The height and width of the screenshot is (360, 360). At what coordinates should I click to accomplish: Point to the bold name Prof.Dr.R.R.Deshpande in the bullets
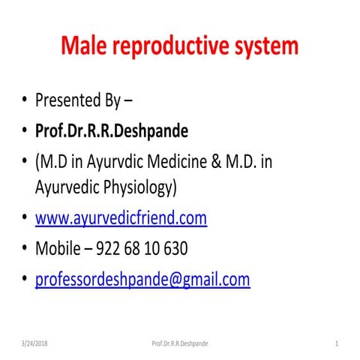(112, 131)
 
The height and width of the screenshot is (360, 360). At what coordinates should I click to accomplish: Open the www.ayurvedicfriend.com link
(121, 218)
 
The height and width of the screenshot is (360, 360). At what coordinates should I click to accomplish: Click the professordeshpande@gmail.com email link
(142, 280)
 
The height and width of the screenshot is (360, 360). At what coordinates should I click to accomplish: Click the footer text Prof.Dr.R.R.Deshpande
(180, 343)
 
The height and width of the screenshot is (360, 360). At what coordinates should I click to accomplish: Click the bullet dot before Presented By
(25, 100)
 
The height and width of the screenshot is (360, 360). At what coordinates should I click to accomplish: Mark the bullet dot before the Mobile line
(25, 249)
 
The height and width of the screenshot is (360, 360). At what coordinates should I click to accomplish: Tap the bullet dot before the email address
(25, 280)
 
